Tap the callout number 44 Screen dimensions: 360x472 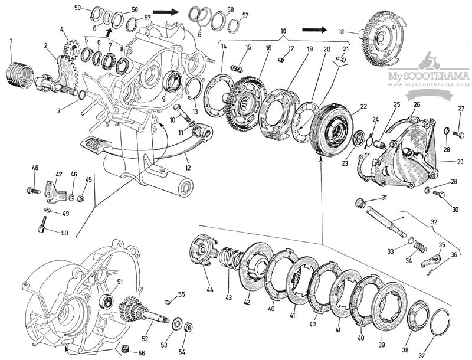(x=210, y=290)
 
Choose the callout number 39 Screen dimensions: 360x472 (x=381, y=344)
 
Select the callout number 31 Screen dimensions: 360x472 (x=384, y=197)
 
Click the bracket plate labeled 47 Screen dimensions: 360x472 (x=57, y=188)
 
